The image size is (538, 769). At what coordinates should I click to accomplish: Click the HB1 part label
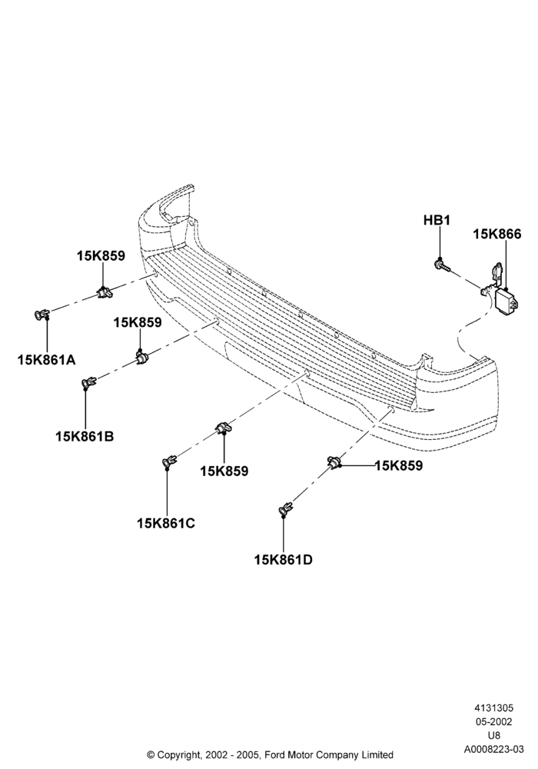pos(437,220)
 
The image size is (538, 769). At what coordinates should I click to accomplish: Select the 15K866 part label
pos(496,235)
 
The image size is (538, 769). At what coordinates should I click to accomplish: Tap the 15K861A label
pos(47,360)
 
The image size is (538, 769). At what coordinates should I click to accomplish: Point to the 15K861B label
pos(85,436)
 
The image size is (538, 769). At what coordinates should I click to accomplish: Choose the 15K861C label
pos(166,523)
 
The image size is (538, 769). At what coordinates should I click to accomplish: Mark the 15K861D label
pos(283,560)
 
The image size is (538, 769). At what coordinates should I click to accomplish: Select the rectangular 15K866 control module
pos(507,300)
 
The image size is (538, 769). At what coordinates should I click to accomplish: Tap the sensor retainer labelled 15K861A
pos(42,314)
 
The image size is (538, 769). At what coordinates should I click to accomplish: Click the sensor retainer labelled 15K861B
pos(89,382)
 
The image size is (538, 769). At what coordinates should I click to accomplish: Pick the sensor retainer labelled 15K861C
pos(170,461)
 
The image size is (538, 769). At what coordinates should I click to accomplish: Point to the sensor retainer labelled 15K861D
pos(286,509)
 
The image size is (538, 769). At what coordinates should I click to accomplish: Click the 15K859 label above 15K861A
pos(101,255)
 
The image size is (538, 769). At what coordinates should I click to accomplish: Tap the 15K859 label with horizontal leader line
pos(398,465)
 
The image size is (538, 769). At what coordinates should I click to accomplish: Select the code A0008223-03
pos(493,749)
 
